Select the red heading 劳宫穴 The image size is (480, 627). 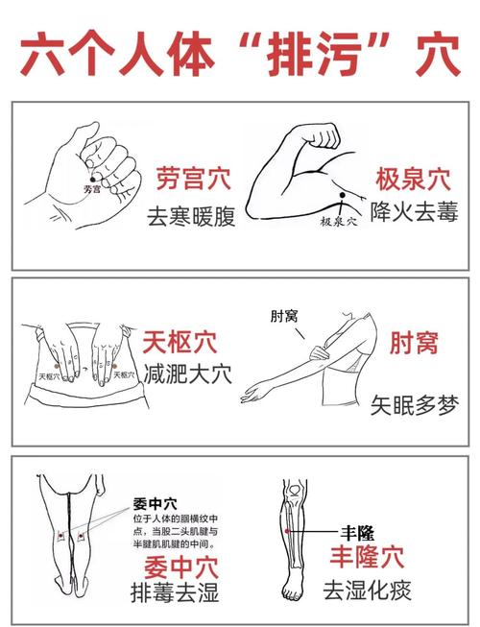click(x=196, y=179)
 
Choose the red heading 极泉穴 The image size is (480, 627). click(x=413, y=179)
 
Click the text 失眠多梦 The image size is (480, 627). click(x=415, y=405)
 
